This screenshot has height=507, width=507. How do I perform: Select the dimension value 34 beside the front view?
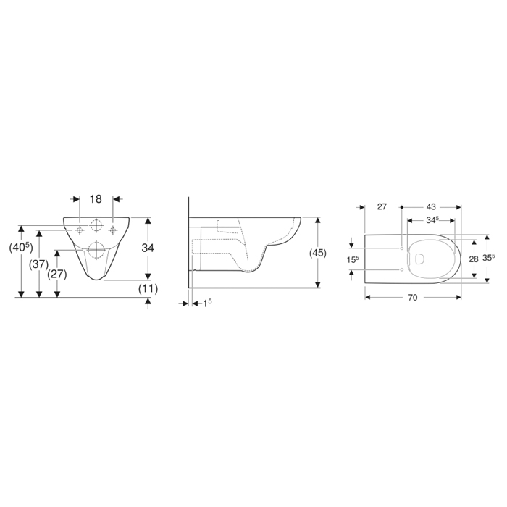pyautogui.click(x=148, y=248)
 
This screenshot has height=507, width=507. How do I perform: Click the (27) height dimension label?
pyautogui.click(x=57, y=274)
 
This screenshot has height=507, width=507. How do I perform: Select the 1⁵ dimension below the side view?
pyautogui.click(x=207, y=303)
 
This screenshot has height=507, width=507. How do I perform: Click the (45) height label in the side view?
pyautogui.click(x=317, y=253)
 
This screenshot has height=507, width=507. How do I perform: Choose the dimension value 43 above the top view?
pyautogui.click(x=430, y=206)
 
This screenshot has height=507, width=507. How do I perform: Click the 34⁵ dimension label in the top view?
pyautogui.click(x=432, y=219)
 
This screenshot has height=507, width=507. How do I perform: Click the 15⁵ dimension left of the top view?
pyautogui.click(x=352, y=259)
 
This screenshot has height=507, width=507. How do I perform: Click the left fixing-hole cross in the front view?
pyautogui.click(x=80, y=230)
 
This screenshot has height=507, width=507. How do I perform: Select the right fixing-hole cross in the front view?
pyautogui.click(x=112, y=230)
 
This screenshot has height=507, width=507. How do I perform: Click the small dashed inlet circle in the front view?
pyautogui.click(x=96, y=224)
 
